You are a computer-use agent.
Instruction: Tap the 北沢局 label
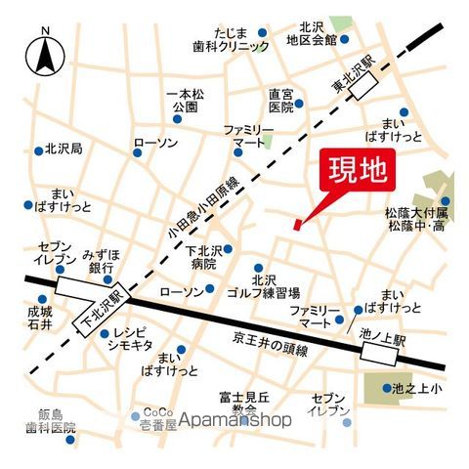click(x=63, y=150)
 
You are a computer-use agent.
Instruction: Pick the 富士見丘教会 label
click(x=238, y=403)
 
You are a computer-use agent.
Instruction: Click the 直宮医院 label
click(x=280, y=101)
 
